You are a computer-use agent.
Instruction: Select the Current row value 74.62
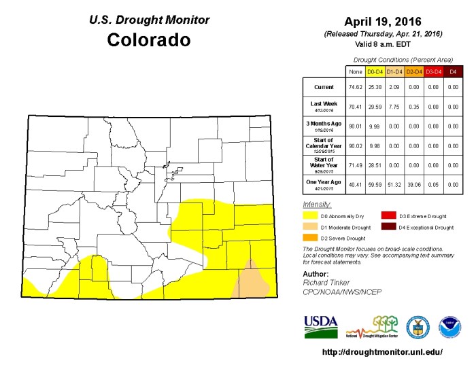pos(354,88)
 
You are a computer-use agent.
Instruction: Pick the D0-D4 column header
pos(374,71)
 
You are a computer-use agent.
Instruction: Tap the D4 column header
pos(454,71)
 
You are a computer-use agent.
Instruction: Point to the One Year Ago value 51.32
pos(394,183)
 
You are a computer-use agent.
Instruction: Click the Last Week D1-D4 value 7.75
pos(394,107)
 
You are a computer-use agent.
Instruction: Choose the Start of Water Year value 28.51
pos(374,164)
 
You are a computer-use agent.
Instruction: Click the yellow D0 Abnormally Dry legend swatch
pos(310,215)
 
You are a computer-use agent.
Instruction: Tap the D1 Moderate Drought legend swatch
pos(310,227)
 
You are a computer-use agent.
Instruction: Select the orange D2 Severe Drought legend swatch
pos(310,238)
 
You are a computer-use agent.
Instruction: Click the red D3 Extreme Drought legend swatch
pos(388,215)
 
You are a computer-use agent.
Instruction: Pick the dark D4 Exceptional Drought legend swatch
pos(388,227)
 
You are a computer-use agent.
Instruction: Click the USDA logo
pos(320,326)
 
